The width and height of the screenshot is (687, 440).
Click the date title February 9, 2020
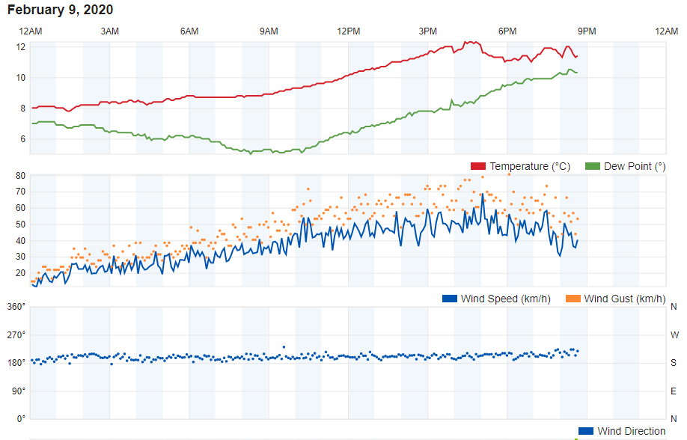[61, 10]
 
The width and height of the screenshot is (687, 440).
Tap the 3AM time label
[109, 31]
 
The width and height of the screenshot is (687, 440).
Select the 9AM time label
[269, 31]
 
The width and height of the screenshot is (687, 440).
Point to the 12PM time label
[348, 31]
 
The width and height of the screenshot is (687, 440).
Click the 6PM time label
[507, 31]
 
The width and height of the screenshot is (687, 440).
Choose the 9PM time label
[587, 31]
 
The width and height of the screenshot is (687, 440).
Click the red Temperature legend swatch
[478, 166]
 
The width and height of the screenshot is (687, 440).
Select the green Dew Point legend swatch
[593, 166]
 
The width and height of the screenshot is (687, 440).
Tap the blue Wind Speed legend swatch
[450, 299]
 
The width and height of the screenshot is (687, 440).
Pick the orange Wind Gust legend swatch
[573, 299]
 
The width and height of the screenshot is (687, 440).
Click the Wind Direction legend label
[632, 431]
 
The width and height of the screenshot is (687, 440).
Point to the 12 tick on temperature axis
[21, 47]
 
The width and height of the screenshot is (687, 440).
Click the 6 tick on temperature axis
[22, 139]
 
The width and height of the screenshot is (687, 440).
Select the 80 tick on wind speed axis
[21, 176]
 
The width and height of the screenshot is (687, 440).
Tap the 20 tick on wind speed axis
[21, 273]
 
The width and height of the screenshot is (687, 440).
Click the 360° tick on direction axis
[16, 307]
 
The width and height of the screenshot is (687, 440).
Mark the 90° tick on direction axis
[19, 391]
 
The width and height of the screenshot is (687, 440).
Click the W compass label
[675, 334]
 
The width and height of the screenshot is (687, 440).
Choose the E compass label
[674, 391]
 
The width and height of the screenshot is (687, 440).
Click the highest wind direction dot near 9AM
[284, 347]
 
